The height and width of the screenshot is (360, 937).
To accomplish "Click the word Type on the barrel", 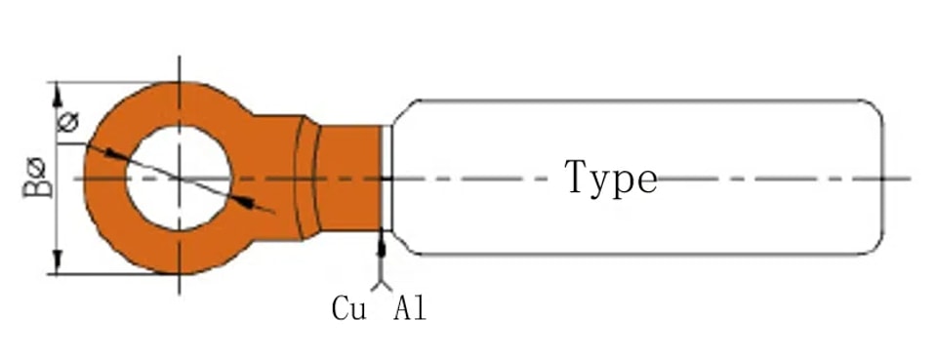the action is tap(611, 178).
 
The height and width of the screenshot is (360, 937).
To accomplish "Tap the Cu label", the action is tap(349, 308).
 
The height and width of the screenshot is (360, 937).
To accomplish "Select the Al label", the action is tap(410, 308).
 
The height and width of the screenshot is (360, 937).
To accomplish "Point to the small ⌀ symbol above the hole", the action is tap(68, 122).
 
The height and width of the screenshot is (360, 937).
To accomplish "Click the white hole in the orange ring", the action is tap(178, 178).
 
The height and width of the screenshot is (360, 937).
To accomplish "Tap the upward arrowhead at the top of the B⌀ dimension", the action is tap(58, 94).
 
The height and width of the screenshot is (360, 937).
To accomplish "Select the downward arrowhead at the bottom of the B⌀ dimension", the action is tap(58, 261).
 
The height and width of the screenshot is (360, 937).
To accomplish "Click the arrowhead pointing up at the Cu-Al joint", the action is tap(382, 244).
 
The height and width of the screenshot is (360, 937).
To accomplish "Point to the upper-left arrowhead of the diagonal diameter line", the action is tap(115, 153).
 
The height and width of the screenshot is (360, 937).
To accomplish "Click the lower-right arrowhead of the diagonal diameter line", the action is tap(243, 202).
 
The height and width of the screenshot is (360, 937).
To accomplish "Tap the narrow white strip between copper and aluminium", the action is tap(387, 178).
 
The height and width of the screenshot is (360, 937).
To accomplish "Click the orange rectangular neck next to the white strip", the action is tap(349, 178).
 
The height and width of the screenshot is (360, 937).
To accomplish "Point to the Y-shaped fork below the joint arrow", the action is tap(382, 285).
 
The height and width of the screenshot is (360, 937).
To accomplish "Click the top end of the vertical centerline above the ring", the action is tap(180, 57).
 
